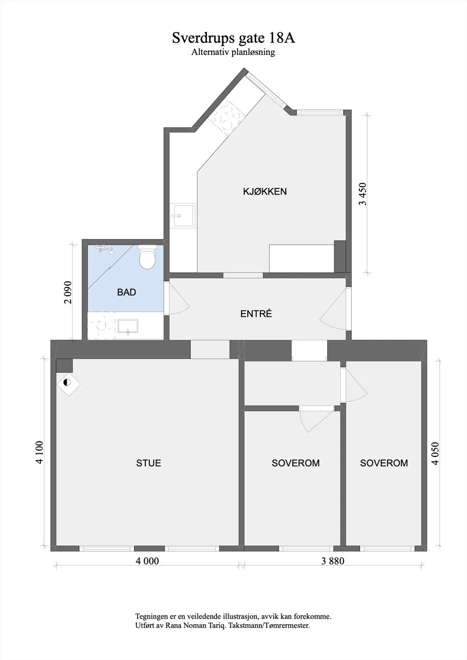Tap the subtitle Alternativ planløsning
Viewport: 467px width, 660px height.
click(x=233, y=52)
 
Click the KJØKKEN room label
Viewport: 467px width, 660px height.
click(x=265, y=191)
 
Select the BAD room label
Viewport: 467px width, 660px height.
click(x=127, y=292)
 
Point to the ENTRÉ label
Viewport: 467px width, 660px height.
click(x=256, y=313)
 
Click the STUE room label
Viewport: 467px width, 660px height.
click(x=148, y=463)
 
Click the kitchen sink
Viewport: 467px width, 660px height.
click(x=183, y=216)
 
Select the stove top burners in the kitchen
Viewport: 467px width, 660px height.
click(x=226, y=117)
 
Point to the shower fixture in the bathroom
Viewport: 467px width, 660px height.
click(x=105, y=249)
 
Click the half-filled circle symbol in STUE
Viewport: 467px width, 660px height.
click(x=67, y=383)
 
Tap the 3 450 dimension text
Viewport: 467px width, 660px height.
click(x=363, y=194)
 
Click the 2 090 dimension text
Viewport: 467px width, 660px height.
click(x=68, y=292)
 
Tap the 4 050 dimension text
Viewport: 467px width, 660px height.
click(x=435, y=454)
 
